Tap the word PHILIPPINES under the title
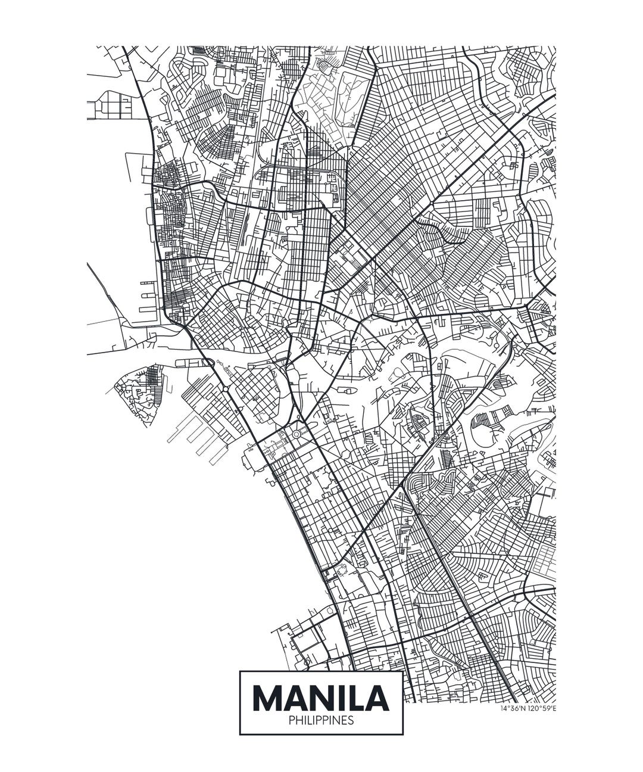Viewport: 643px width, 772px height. (321, 721)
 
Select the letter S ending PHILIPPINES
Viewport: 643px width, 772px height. (351, 721)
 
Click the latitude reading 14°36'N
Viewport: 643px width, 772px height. (513, 708)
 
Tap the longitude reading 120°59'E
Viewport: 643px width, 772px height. (542, 708)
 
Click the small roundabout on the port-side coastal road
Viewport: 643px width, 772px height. (225, 388)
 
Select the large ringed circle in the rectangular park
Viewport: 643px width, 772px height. (296, 434)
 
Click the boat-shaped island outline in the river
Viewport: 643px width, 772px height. (347, 391)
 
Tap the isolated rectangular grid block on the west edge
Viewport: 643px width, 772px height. (110, 105)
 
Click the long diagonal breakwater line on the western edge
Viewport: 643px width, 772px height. (104, 292)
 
